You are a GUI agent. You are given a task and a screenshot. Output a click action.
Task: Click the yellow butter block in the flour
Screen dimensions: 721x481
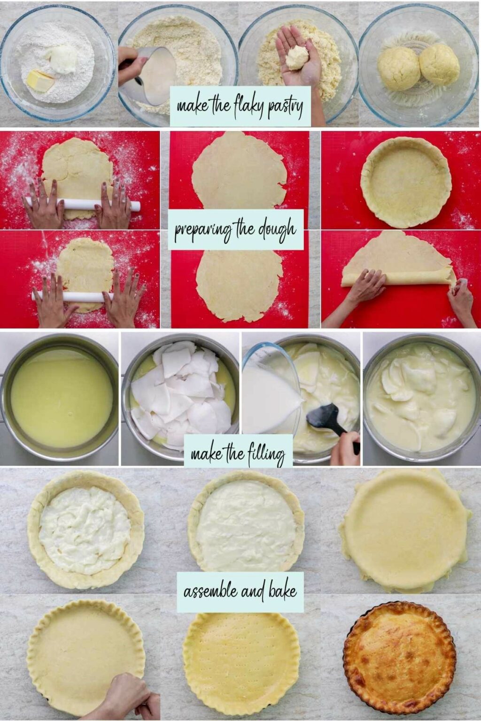click(x=40, y=81)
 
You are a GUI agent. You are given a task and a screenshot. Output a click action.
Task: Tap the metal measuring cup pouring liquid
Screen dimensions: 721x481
click(x=155, y=75)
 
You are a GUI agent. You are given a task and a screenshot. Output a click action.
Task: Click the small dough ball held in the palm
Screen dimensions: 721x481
click(x=296, y=57)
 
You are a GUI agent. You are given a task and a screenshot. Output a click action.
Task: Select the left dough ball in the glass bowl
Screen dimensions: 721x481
click(x=399, y=68)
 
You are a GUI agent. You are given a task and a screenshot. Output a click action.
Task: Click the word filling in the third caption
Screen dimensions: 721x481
click(x=266, y=454)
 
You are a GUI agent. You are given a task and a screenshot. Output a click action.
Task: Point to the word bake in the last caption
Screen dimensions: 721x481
click(x=282, y=591)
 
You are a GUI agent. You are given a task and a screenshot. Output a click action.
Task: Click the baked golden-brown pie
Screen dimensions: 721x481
click(x=399, y=659)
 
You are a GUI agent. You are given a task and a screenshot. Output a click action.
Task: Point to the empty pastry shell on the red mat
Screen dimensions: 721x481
click(x=406, y=181)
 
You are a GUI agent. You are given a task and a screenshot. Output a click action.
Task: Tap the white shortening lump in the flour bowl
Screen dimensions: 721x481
click(x=63, y=60)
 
